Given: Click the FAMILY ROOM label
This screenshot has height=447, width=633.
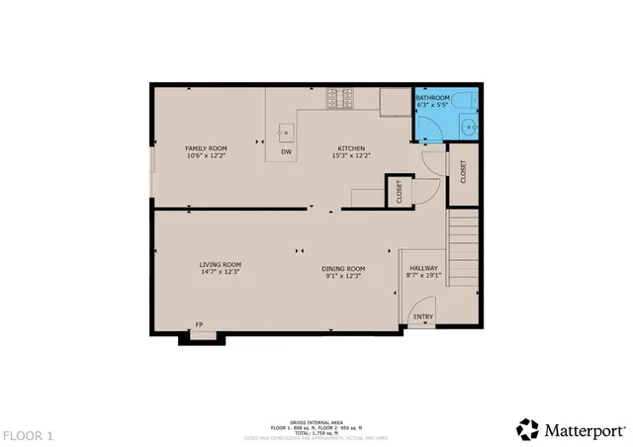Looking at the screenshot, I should pyautogui.click(x=206, y=148).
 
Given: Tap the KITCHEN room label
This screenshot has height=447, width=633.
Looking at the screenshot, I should pyautogui.click(x=351, y=148).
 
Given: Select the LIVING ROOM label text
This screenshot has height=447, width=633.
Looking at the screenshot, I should pyautogui.click(x=220, y=264).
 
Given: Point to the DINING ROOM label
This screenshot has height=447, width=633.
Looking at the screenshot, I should pyautogui.click(x=343, y=268).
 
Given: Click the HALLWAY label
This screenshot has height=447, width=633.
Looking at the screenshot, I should pyautogui.click(x=423, y=268).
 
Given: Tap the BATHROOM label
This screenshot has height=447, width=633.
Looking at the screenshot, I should pyautogui.click(x=432, y=98).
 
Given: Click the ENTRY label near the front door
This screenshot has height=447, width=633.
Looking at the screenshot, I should pyautogui.click(x=422, y=317).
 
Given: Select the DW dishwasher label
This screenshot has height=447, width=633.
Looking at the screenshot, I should pyautogui.click(x=286, y=152).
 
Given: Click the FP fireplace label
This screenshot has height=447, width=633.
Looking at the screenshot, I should pyautogui.click(x=199, y=324).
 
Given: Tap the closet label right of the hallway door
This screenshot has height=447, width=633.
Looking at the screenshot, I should pyautogui.click(x=462, y=170).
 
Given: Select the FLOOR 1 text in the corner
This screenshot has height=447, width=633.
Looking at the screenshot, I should pyautogui.click(x=28, y=435).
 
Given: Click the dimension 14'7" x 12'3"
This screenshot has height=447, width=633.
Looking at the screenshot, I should pyautogui.click(x=220, y=272).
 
